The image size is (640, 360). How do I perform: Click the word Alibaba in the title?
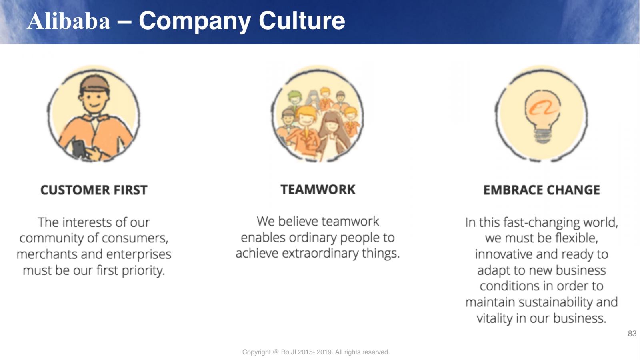[x=68, y=20]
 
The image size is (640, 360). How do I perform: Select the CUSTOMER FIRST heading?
[x=94, y=190]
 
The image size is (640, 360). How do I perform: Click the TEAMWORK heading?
[x=318, y=190]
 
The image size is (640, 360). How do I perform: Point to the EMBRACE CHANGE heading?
[x=542, y=190]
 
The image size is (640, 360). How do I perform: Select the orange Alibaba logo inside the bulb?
[x=542, y=108]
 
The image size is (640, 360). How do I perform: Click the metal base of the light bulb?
[x=542, y=136]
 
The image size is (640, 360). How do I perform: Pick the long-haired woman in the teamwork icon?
[x=333, y=134]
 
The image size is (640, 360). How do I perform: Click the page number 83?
[x=632, y=334]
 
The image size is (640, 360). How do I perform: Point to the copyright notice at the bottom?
[x=316, y=352]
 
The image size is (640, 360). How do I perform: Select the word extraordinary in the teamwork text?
[x=320, y=254]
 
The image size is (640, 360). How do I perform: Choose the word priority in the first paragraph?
[x=144, y=270]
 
